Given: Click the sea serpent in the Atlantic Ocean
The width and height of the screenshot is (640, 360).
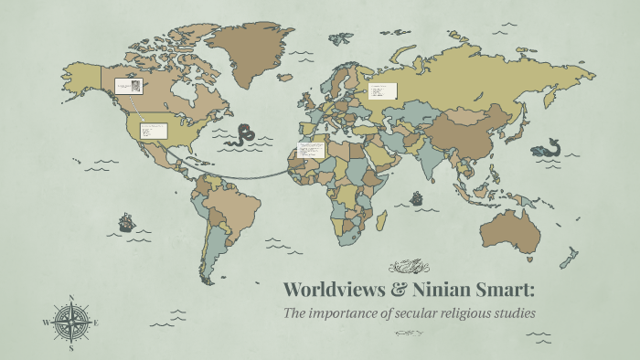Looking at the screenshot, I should (241, 135).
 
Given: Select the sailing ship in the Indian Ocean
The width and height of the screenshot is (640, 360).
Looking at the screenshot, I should (417, 197).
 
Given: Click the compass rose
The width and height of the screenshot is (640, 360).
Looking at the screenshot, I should (70, 323).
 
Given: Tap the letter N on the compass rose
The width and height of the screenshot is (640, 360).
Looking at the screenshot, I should (70, 297).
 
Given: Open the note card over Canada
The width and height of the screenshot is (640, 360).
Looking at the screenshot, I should (128, 86).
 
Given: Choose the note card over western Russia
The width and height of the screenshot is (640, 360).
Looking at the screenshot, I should (382, 90).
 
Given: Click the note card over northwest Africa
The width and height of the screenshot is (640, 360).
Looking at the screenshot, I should (311, 149).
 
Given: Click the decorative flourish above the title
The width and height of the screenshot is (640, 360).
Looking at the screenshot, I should (409, 267).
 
